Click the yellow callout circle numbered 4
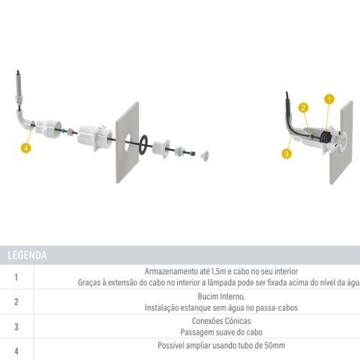pyautogui.click(x=27, y=148)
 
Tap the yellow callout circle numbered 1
pyautogui.click(x=329, y=99)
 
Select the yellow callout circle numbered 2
pyautogui.click(x=304, y=108)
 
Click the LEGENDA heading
pyautogui.click(x=27, y=255)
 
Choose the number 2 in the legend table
pyautogui.click(x=17, y=301)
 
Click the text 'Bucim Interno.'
pyautogui.click(x=222, y=296)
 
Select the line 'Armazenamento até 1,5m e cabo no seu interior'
pyautogui.click(x=222, y=272)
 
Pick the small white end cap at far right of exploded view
pyautogui.click(x=205, y=153)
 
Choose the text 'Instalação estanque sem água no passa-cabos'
pyautogui.click(x=222, y=307)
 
